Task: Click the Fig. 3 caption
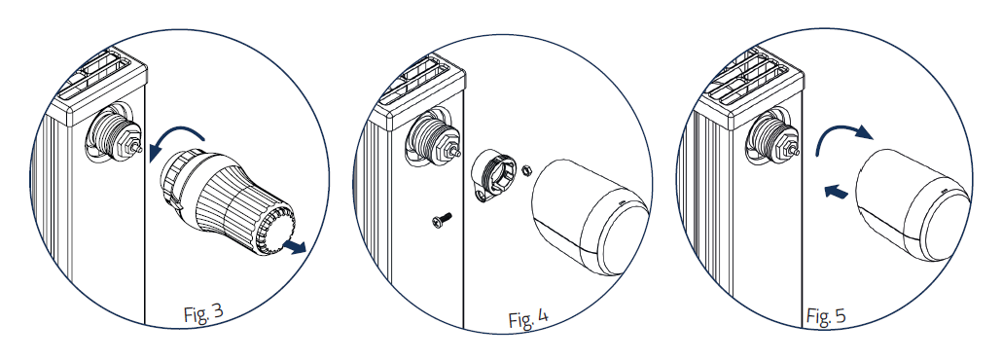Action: point(203,312)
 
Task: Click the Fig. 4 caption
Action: point(528,318)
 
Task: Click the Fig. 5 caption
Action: point(826,314)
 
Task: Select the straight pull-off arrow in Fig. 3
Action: point(295,246)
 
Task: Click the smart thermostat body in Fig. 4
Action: point(588,216)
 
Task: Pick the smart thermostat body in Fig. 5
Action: point(914,205)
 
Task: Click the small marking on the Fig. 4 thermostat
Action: point(624,204)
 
